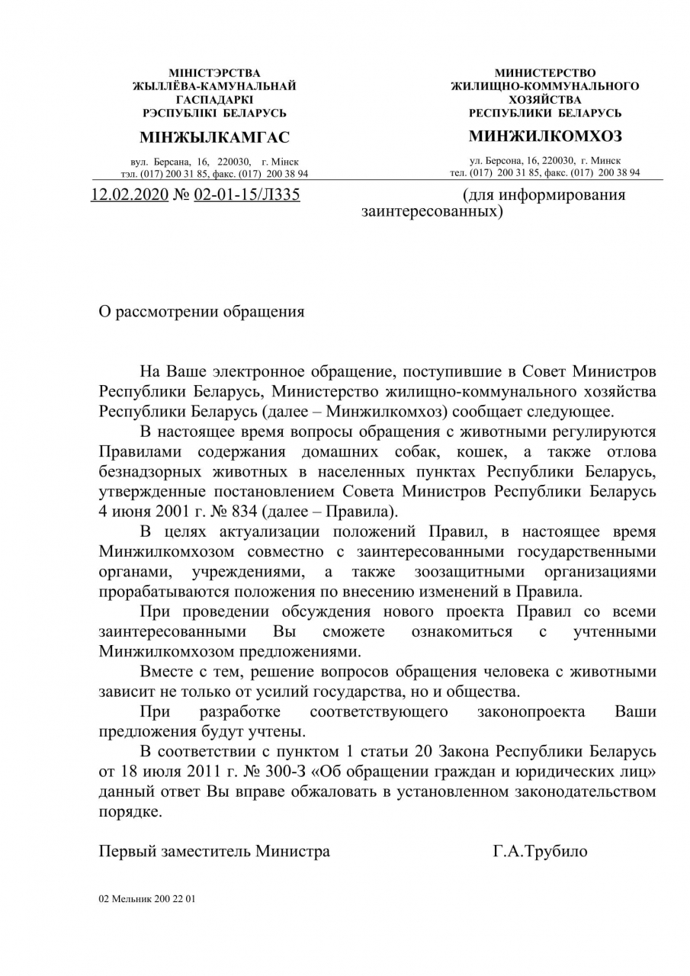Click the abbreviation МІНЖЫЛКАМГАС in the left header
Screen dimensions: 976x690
point(215,138)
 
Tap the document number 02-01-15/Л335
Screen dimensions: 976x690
point(247,195)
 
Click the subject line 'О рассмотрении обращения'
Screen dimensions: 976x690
point(202,312)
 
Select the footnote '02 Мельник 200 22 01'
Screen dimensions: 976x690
point(147,899)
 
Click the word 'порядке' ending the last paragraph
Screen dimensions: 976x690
point(130,812)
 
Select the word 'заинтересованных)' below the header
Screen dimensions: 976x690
point(432,211)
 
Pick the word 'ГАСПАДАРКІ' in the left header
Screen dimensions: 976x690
point(215,100)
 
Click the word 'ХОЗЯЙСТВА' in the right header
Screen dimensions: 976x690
point(544,100)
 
